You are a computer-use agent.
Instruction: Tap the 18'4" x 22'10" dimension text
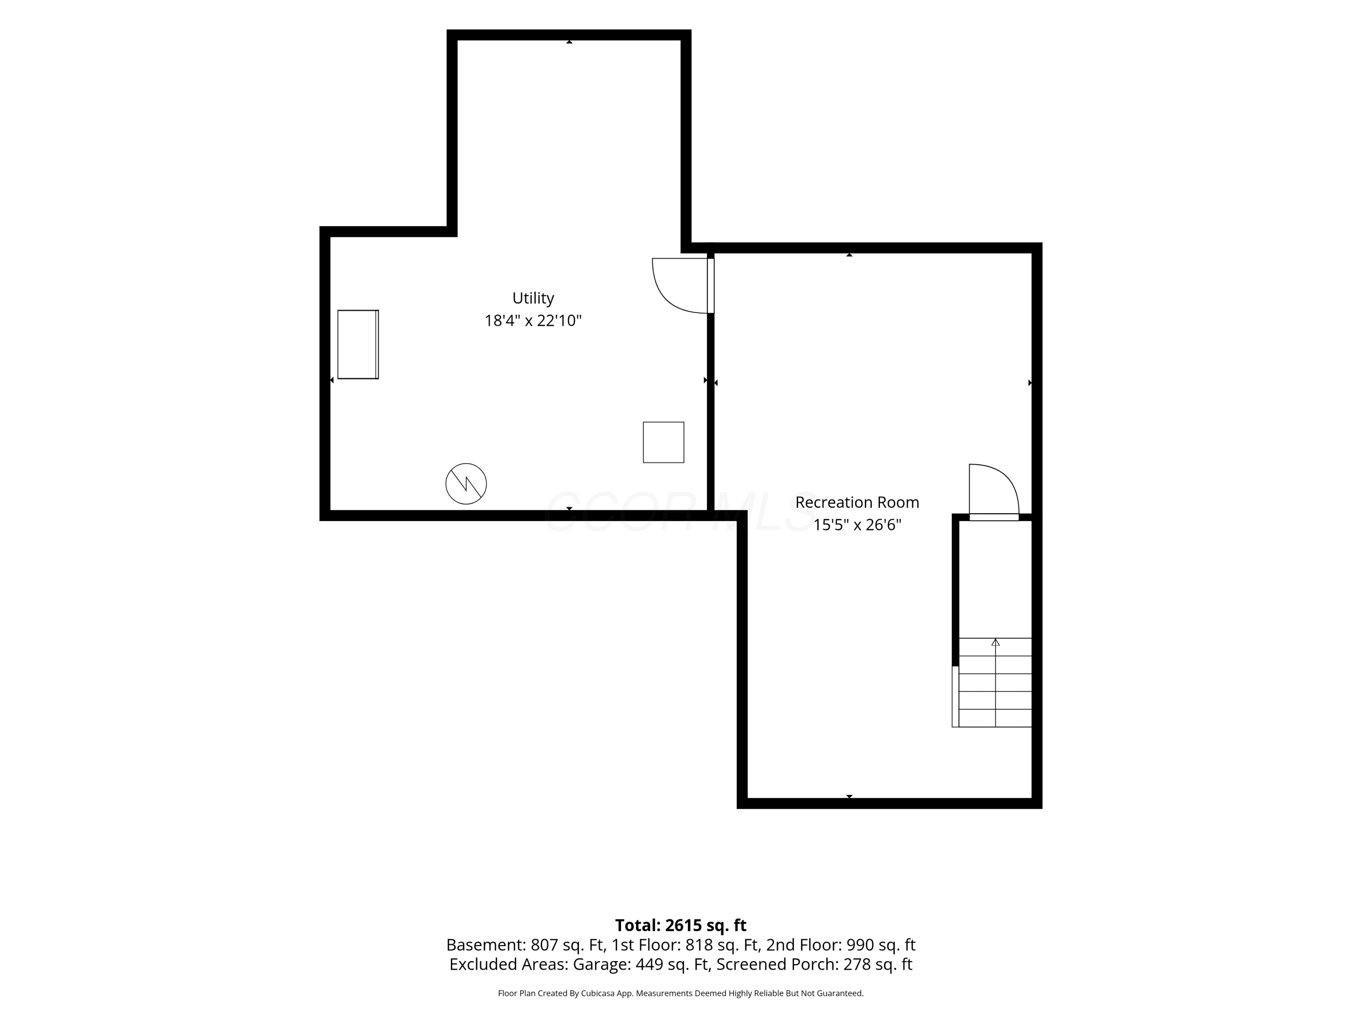click(x=533, y=321)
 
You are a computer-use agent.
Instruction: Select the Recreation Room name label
click(x=857, y=502)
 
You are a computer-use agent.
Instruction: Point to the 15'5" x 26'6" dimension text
click(x=857, y=525)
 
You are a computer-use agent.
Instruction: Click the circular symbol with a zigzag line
click(x=466, y=484)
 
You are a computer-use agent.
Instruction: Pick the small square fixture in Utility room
click(x=663, y=442)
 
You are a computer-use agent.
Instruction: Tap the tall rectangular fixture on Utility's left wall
click(x=358, y=344)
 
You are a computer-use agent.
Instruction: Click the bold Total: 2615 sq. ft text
click(x=681, y=925)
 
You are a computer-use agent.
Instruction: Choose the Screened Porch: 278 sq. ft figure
click(x=814, y=964)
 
